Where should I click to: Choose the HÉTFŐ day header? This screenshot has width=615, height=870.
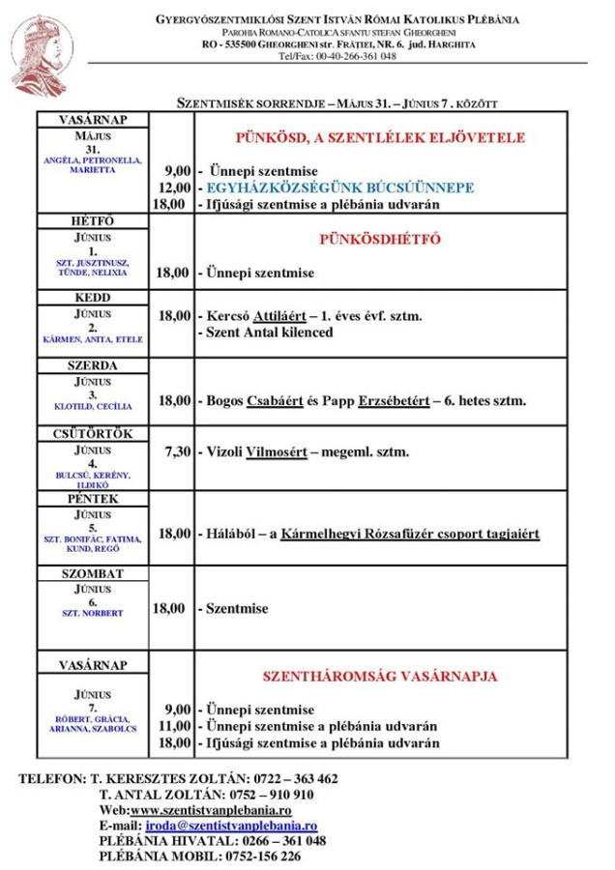pos(93,221)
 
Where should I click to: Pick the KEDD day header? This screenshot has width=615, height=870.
pos(93,298)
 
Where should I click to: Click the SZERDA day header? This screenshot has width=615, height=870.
pos(93,366)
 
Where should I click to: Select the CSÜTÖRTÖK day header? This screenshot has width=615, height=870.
pos(93,434)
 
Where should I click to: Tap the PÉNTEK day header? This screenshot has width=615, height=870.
pos(93,499)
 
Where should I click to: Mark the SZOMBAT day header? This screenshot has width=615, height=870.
pos(93,573)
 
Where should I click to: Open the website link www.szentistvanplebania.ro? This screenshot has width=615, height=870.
pos(211,810)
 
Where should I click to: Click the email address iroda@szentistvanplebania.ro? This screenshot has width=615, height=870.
pos(231,826)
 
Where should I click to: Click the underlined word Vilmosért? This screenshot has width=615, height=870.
pos(278,452)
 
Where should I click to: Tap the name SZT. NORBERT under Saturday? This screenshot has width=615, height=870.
pos(93,613)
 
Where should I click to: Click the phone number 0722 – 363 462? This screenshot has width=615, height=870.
pos(294,778)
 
